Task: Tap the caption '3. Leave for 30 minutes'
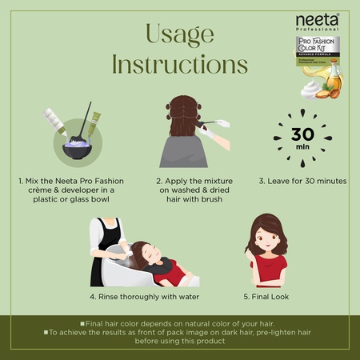tap(302, 181)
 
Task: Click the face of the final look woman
tap(265, 239)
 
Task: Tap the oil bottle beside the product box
tap(334, 78)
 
